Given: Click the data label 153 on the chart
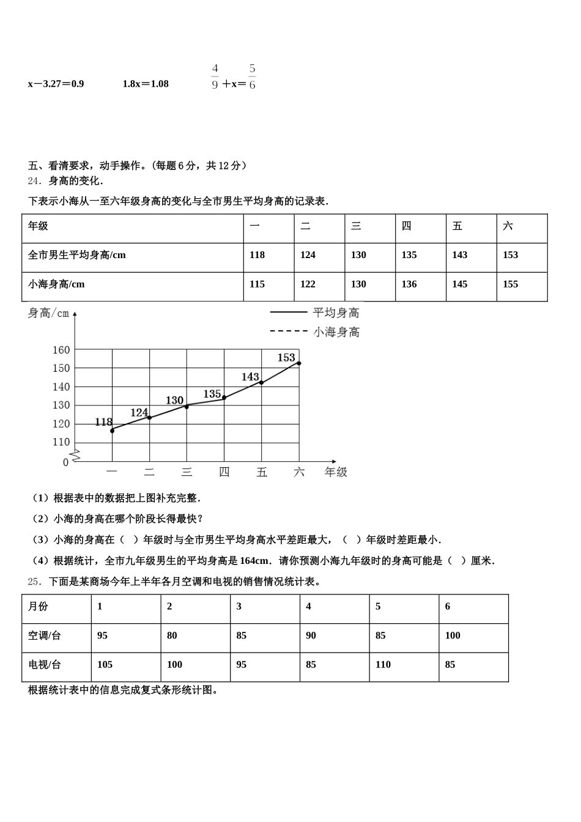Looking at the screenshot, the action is tap(286, 358).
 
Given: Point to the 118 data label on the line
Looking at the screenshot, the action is tap(104, 422).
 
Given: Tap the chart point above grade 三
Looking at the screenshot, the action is tap(187, 406).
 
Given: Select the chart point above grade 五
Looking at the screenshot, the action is tap(262, 383).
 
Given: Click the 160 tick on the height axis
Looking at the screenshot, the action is tap(62, 350).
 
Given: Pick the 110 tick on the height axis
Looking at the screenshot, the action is tap(62, 442).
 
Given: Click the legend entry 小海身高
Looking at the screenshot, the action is tap(336, 332).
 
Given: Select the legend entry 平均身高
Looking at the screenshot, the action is tap(336, 313).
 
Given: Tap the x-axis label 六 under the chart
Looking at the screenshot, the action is tap(299, 472).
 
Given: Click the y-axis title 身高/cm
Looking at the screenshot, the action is tap(49, 313).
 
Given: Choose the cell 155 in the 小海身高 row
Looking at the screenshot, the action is tap(510, 284).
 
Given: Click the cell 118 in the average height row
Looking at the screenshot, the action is tap(257, 255).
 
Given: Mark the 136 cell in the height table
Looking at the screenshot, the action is tap(409, 284).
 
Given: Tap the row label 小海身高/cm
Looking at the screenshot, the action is tap(56, 284).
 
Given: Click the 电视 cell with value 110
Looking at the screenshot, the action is tap(383, 665).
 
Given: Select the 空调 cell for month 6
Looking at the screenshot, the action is tap(453, 636).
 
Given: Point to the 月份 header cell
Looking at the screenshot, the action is tap(38, 607).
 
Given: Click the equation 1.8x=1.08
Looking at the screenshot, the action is tap(146, 84).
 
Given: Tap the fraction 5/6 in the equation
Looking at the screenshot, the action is tap(252, 77).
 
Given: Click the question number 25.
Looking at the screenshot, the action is tap(34, 582).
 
